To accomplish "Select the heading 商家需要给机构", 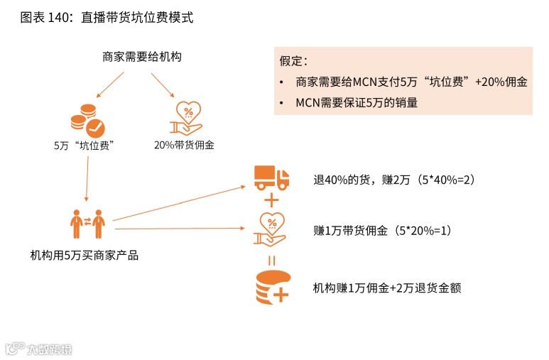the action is point(141,56).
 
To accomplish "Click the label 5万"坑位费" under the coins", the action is point(85,146).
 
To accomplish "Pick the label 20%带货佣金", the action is point(184,146).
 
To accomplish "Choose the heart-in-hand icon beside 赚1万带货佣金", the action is point(271,229).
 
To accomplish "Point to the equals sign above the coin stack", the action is point(271,258).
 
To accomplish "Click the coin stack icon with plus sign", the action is point(272,287).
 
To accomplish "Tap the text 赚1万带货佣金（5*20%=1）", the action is point(382,231).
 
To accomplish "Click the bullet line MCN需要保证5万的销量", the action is point(357,102).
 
